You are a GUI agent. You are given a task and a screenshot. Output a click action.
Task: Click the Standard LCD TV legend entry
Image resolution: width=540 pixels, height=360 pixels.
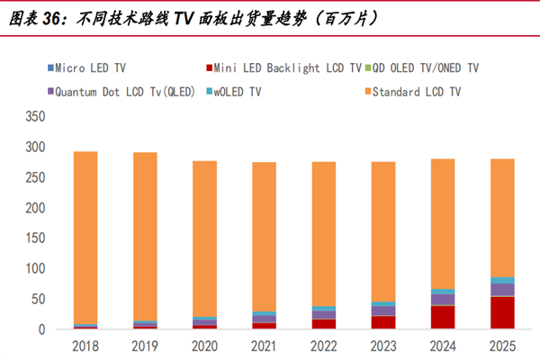415,91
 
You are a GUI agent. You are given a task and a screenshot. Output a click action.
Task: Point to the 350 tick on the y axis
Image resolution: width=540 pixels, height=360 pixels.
34,116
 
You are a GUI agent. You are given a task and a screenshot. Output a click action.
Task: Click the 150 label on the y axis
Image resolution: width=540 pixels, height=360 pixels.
34,238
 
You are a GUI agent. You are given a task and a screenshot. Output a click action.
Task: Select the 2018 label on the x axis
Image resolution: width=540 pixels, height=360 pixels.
85,346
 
